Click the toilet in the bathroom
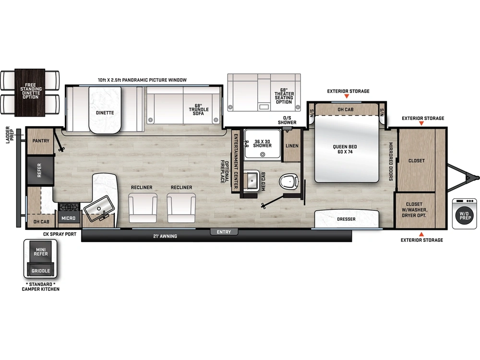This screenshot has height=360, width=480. (288, 181)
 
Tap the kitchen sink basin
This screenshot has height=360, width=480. (99, 208)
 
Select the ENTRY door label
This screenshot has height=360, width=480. (224, 232)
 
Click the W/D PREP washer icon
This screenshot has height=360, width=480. (464, 214)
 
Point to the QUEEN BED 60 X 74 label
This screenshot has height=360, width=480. (345, 149)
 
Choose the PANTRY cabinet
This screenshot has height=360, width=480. (40, 141)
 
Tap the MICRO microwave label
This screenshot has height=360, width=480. (68, 218)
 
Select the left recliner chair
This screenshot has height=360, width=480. (143, 208)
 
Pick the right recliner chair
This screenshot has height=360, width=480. (181, 208)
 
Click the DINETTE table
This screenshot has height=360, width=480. (105, 110)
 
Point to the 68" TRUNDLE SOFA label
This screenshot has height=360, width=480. (199, 109)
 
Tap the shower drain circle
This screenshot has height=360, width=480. (263, 155)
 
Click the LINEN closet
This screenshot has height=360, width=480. (292, 145)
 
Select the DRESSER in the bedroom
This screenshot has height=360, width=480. (347, 218)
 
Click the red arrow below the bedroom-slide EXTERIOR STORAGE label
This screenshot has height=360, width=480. (347, 96)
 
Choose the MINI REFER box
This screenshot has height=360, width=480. (41, 252)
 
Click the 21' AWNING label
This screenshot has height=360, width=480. (165, 236)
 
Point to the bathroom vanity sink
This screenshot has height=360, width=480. (252, 180)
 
